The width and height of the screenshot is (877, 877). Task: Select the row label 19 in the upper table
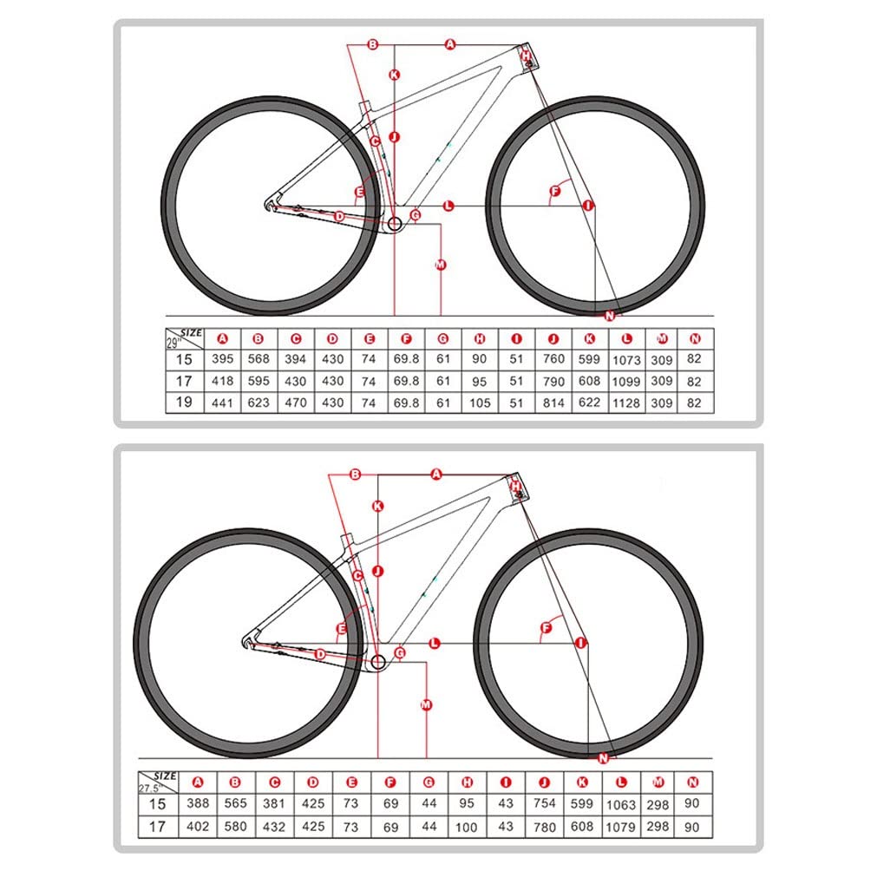point(184,403)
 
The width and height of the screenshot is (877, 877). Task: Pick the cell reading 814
point(553,403)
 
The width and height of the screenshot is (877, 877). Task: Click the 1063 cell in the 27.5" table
point(620,804)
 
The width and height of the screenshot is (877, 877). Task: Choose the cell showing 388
point(198,804)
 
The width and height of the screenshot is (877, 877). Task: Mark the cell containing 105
point(480,403)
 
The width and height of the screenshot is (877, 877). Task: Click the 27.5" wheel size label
point(150,788)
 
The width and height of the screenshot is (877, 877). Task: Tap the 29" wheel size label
point(173,342)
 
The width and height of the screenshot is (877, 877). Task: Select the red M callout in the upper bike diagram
point(441,264)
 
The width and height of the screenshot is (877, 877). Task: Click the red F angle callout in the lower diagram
point(546,627)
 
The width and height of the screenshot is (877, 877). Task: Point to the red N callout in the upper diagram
point(609,315)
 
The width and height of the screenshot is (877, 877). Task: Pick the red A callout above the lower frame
point(436,474)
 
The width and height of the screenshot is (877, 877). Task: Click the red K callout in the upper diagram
point(394,75)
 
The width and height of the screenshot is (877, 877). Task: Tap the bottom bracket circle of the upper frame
point(395,226)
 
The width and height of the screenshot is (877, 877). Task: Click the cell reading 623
point(258,403)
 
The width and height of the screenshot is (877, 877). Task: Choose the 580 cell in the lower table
point(236,827)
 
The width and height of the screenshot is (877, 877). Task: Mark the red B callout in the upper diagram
point(373,43)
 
